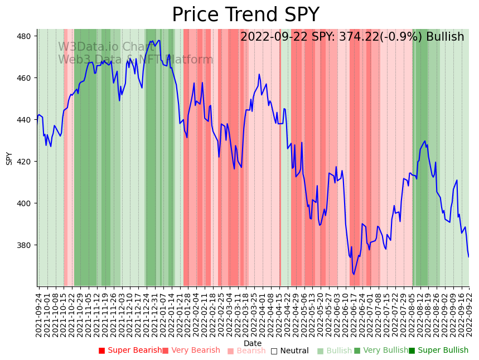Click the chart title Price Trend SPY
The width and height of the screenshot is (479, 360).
(x=245, y=14)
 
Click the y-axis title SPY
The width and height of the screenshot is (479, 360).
(x=9, y=158)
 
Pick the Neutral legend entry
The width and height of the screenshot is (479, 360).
(x=294, y=351)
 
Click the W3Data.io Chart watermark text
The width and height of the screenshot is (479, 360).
(x=105, y=47)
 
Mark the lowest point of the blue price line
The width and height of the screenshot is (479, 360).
(x=354, y=274)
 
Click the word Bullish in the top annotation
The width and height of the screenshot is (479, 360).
(x=445, y=37)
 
